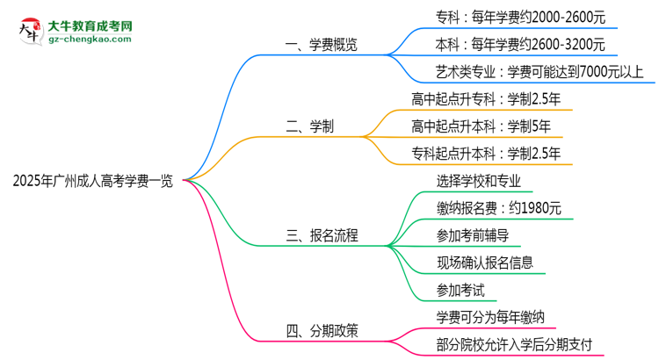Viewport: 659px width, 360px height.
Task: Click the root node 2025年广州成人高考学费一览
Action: coord(93,182)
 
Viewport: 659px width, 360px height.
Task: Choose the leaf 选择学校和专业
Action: coord(478,181)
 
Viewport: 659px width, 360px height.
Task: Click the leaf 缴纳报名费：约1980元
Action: coord(492,208)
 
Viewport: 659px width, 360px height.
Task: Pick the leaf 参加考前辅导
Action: coord(472,234)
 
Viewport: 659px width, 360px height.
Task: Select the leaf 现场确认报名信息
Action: coord(484,262)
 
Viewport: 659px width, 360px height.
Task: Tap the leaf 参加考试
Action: coord(460,289)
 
